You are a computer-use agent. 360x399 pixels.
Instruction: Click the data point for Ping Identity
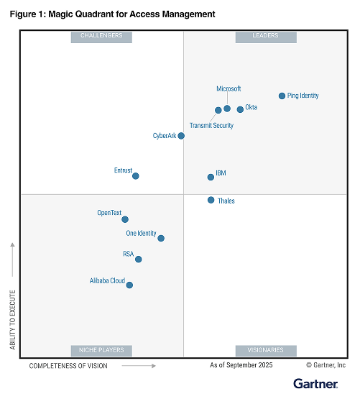point(281,96)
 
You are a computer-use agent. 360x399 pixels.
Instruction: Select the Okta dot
point(240,109)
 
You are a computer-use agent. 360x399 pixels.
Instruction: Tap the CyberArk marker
point(181,135)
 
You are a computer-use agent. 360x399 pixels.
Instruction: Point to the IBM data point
point(211,177)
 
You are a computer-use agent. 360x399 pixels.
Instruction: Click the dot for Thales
point(211,200)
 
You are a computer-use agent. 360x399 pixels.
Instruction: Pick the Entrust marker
point(135,175)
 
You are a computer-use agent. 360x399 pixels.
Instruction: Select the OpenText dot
point(125,219)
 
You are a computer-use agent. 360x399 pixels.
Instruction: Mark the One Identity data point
point(161,238)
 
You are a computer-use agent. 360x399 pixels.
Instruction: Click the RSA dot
point(138,259)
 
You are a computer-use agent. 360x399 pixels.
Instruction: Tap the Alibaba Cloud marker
point(129,285)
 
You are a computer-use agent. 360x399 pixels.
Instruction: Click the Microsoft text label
point(229,89)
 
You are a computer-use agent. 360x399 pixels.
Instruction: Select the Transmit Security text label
point(211,126)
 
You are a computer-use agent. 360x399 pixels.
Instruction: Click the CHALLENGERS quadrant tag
point(101,36)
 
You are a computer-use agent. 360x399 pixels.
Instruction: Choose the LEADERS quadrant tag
point(266,36)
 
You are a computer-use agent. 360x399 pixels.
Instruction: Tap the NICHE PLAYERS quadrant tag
point(101,350)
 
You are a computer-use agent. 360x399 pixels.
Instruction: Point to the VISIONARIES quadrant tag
point(266,350)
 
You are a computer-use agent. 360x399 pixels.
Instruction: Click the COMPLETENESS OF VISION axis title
point(68,366)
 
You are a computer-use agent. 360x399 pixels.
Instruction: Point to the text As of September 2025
point(242,366)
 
